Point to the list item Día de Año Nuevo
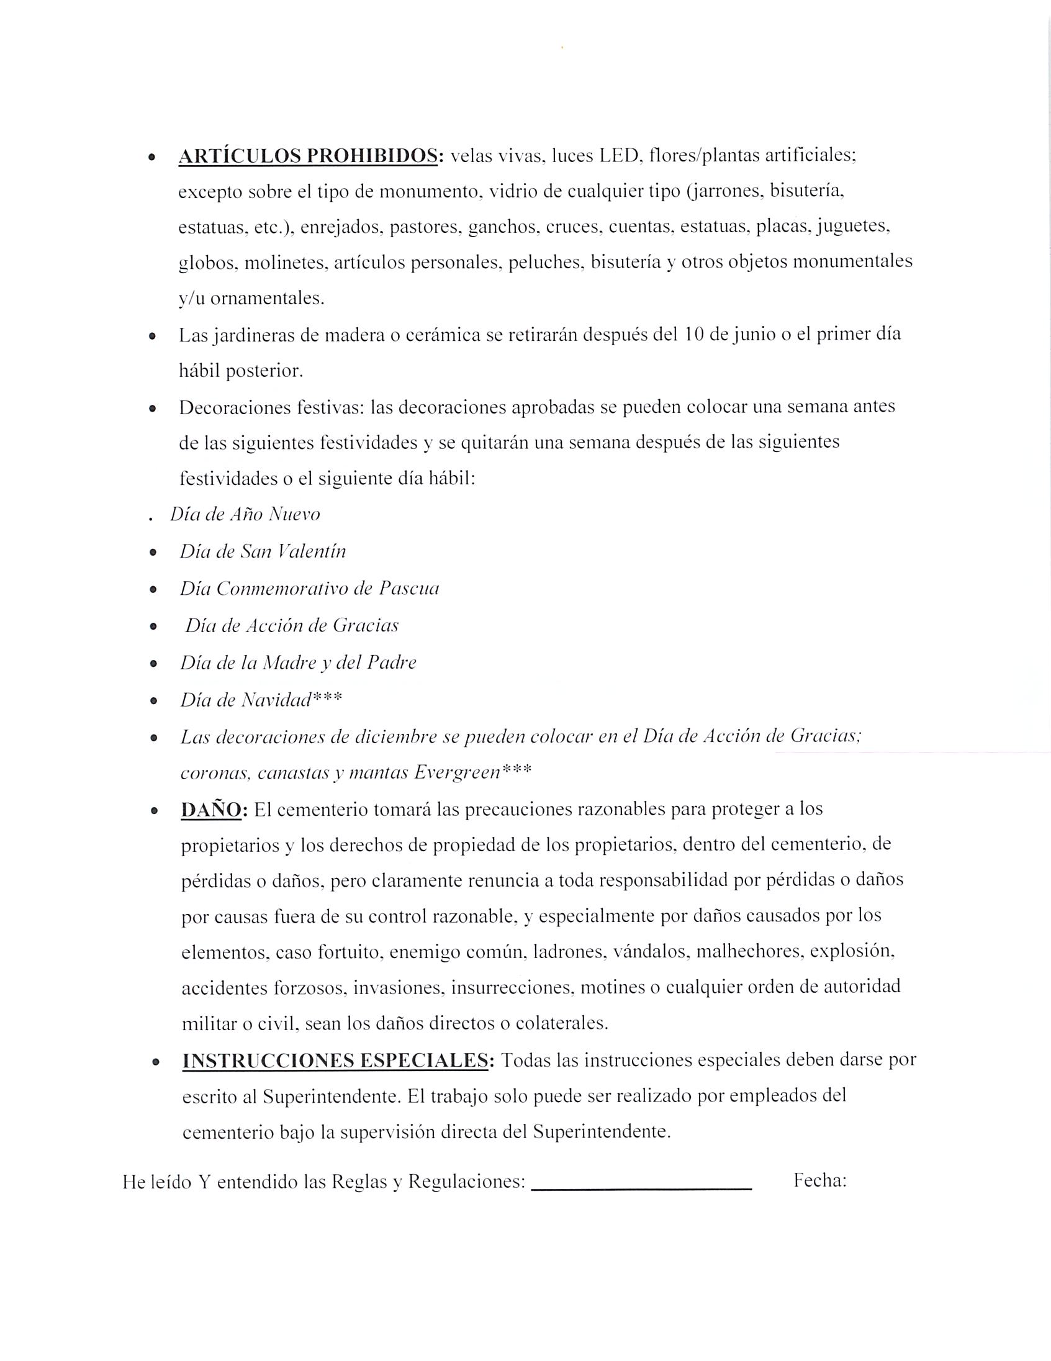(x=245, y=515)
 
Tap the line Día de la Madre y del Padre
(x=298, y=662)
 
